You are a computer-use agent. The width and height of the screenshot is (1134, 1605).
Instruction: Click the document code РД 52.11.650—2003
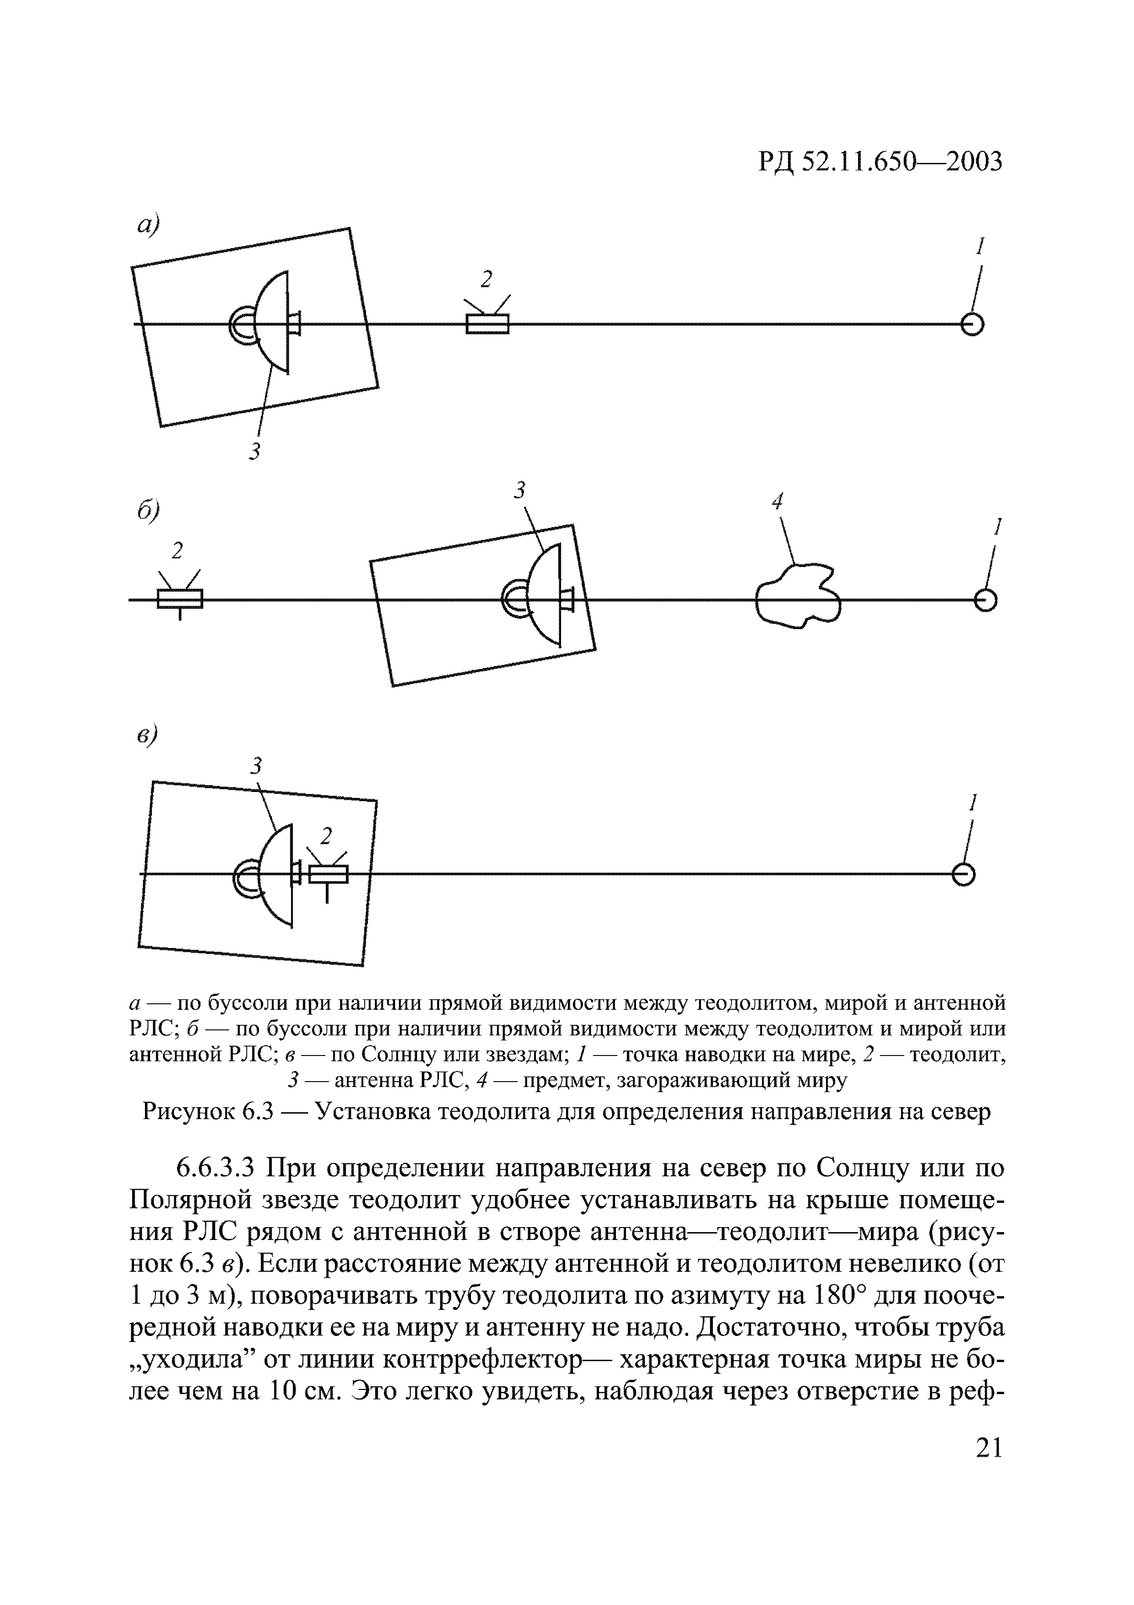pyautogui.click(x=880, y=162)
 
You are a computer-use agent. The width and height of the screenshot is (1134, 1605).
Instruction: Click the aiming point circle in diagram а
pyautogui.click(x=972, y=324)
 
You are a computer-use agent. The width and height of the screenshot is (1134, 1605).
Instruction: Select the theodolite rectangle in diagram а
pyautogui.click(x=487, y=324)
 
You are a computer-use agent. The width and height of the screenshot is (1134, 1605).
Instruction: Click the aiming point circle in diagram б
pyautogui.click(x=985, y=600)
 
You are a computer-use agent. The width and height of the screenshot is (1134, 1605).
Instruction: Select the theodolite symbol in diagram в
pyautogui.click(x=328, y=874)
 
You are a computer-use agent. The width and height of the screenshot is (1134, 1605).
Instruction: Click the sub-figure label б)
pyautogui.click(x=148, y=510)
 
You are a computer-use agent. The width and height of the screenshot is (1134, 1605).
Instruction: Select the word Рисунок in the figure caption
pyautogui.click(x=187, y=1111)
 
